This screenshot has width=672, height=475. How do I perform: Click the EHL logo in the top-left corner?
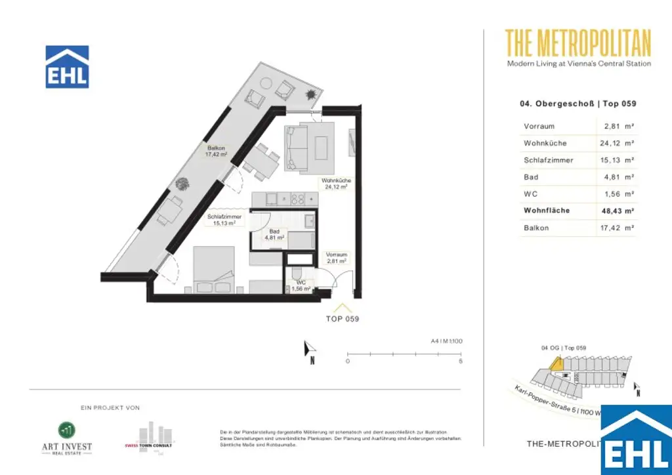coord(67,67)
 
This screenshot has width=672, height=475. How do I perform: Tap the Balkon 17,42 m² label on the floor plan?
coord(216,152)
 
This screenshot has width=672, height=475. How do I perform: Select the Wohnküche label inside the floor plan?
coord(334,183)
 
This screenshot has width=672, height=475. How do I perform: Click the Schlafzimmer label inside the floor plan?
coord(224,219)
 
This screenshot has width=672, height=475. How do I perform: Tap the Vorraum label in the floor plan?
coord(336,257)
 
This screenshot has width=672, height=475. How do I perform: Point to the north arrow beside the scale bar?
coord(309,352)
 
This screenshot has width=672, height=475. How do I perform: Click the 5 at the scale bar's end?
coord(461,361)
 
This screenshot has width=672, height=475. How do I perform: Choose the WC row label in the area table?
coord(531,194)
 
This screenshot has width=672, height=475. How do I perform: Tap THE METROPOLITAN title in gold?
coord(578,43)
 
